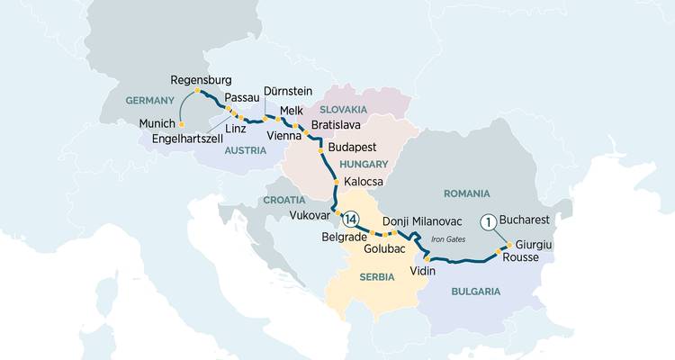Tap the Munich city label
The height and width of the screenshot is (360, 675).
[x=158, y=122]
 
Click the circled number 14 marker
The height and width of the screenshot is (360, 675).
[x=351, y=218]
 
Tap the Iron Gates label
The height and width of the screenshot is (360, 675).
[x=451, y=238]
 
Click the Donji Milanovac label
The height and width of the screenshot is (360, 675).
[x=422, y=220]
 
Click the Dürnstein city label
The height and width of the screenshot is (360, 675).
[x=289, y=93]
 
